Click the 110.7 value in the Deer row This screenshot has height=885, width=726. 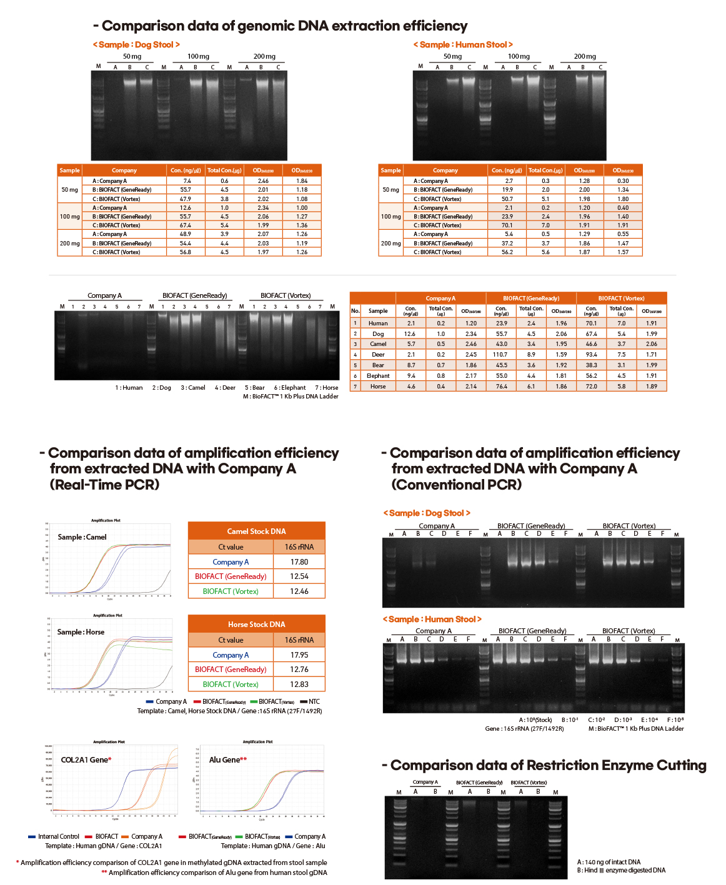500,354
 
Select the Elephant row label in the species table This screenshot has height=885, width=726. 378,376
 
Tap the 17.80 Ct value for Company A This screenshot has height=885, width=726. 299,562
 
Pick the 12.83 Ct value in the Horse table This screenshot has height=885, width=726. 299,685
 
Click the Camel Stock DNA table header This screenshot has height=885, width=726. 256,531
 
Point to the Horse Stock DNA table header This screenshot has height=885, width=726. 256,625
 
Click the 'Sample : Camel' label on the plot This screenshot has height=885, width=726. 82,537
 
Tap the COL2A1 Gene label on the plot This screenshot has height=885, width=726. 86,760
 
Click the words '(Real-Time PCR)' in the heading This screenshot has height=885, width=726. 104,485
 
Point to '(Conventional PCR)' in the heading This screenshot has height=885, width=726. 456,485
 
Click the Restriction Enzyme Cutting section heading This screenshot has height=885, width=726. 547,766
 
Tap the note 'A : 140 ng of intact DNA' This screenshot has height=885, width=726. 609,863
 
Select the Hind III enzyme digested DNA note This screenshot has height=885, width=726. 621,871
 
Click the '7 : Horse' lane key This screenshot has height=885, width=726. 326,388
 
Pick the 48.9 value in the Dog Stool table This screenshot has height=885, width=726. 186,234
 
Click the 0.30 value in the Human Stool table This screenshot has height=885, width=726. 622,181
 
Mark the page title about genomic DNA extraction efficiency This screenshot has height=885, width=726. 284,26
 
